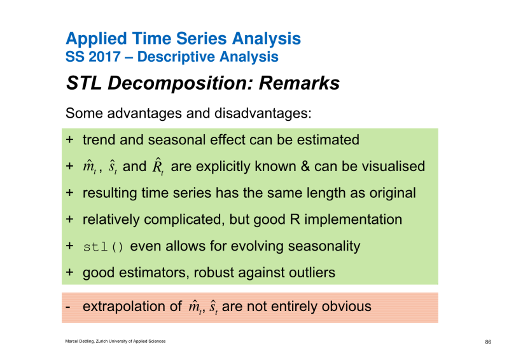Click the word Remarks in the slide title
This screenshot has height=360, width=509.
tap(299, 83)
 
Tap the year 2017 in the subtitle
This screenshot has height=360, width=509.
tap(104, 57)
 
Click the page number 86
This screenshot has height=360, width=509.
tap(488, 342)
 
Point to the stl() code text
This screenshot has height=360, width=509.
tap(103, 247)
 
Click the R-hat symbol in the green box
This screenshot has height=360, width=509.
tap(158, 166)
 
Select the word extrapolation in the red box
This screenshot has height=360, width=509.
tap(124, 307)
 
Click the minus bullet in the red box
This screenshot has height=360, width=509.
tap(67, 307)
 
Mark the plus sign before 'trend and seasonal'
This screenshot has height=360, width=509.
tap(69, 139)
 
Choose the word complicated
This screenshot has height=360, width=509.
tap(184, 220)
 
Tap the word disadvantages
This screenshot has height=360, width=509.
tap(263, 113)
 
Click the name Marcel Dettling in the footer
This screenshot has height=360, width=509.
tap(80, 341)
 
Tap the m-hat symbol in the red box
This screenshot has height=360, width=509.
tap(195, 307)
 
